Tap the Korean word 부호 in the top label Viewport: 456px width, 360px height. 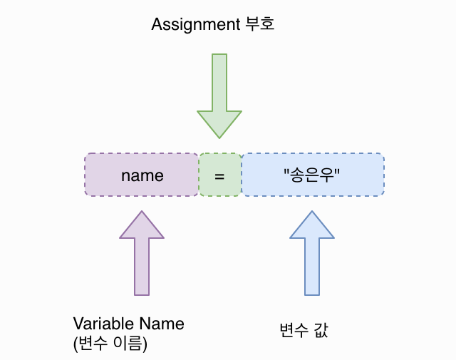pyautogui.click(x=258, y=24)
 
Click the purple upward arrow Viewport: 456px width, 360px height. pyautogui.click(x=142, y=257)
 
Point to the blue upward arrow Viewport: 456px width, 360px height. pyautogui.click(x=312, y=257)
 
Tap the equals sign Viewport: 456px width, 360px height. pyautogui.click(x=219, y=175)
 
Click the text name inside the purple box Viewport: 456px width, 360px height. pyautogui.click(x=142, y=175)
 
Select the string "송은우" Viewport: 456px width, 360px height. pyautogui.click(x=313, y=175)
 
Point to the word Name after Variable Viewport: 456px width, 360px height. pyautogui.click(x=161, y=324)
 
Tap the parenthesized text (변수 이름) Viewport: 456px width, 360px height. pyautogui.click(x=110, y=344)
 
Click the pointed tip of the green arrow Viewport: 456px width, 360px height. pyautogui.click(x=219, y=138)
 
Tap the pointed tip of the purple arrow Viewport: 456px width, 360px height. pyautogui.click(x=142, y=211)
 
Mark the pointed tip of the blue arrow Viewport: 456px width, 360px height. pyautogui.click(x=312, y=211)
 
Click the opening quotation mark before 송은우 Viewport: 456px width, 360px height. pyautogui.click(x=286, y=171)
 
